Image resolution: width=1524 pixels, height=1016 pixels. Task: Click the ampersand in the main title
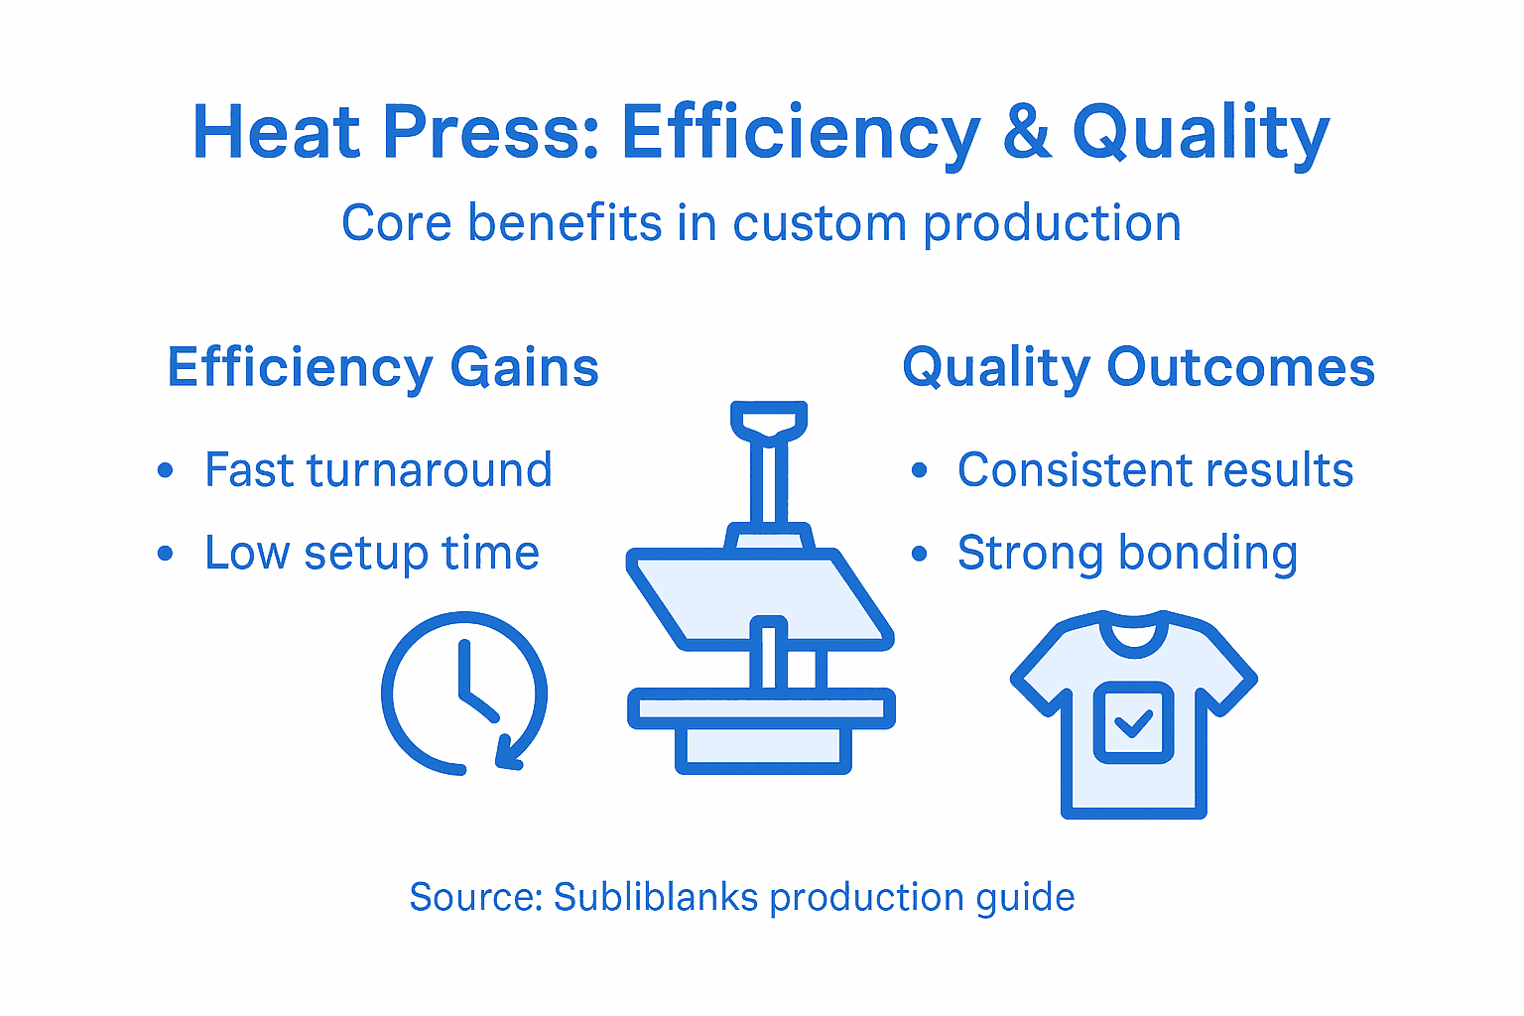click(1026, 132)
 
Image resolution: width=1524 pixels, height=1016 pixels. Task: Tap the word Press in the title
click(490, 132)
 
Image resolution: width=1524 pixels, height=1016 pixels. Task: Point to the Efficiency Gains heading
click(383, 367)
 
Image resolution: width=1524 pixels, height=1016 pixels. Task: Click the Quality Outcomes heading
click(1138, 367)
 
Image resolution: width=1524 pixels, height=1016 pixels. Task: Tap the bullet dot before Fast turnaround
click(166, 470)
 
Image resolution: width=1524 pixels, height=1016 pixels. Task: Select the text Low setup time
click(371, 553)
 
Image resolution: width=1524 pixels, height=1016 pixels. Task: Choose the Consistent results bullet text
click(1155, 470)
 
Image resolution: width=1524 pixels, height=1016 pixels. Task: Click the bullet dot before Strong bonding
click(919, 554)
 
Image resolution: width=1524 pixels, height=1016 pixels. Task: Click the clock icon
click(463, 693)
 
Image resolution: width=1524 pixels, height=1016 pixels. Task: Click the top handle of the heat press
click(769, 418)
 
